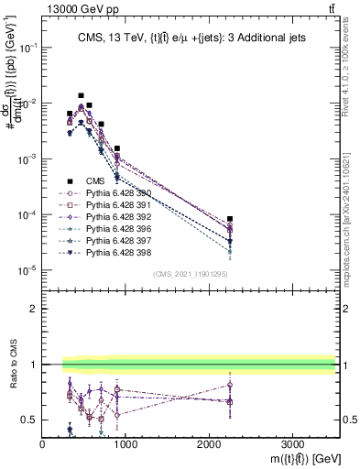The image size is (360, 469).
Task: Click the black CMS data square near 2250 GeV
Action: [x=230, y=219]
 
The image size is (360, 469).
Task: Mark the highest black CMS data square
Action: [x=81, y=95]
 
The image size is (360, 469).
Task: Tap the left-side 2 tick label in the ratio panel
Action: [x=34, y=309]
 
